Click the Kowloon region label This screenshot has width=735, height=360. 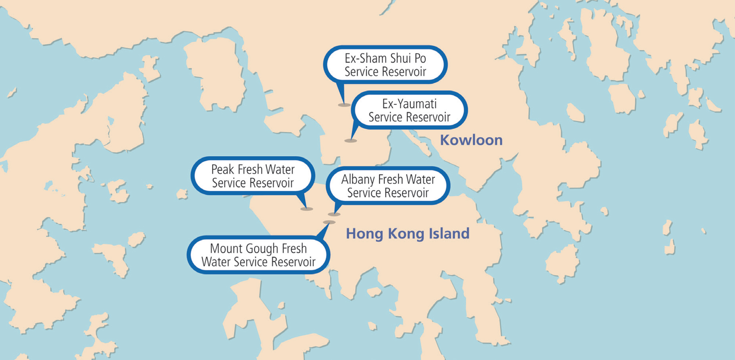(x=471, y=140)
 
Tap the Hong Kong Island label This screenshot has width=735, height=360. (x=408, y=234)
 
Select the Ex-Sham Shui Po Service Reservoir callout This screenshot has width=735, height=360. (x=385, y=65)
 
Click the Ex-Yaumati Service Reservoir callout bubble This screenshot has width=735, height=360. (x=409, y=110)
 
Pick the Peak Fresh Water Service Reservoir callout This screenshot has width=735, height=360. (x=253, y=176)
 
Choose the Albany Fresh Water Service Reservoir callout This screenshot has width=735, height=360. (x=388, y=186)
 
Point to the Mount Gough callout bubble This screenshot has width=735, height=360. (x=258, y=255)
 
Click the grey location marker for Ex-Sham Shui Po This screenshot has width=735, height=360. (x=344, y=105)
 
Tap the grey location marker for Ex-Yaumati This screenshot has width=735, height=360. (x=351, y=140)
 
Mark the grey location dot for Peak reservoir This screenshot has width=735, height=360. (x=306, y=209)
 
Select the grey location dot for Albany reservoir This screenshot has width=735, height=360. (x=334, y=214)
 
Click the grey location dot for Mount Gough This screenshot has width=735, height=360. (x=329, y=222)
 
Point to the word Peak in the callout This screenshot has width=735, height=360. (x=222, y=170)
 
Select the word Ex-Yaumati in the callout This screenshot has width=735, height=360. (x=409, y=104)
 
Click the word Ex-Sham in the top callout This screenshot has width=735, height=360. (x=365, y=58)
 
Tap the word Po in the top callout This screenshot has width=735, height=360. (x=420, y=58)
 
